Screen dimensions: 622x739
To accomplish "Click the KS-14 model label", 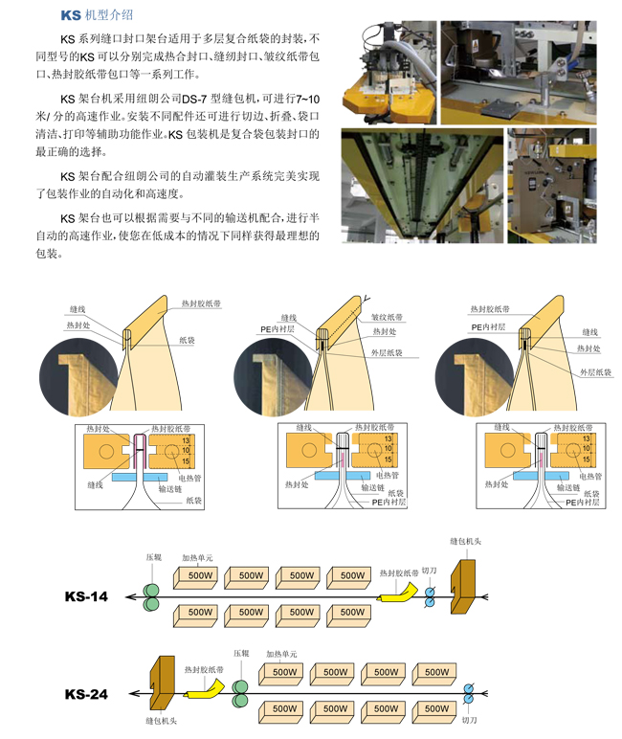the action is (86, 596).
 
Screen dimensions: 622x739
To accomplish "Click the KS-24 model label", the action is (86, 694).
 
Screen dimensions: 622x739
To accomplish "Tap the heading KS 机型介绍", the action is (97, 15).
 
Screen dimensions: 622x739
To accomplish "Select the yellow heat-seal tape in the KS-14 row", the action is (397, 593).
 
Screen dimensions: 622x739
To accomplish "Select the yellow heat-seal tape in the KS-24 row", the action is (204, 689).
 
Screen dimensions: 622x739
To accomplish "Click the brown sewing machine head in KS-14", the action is (463, 586).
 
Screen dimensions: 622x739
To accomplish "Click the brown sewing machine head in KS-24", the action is (162, 683).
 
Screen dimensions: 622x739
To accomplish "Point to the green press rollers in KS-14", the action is (151, 597).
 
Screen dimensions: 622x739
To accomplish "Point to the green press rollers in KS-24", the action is (240, 694).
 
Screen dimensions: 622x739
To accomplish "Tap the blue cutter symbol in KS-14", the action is (430, 597).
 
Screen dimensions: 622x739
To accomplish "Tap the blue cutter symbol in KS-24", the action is (468, 694).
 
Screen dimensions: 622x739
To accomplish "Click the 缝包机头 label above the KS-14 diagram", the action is (466, 542).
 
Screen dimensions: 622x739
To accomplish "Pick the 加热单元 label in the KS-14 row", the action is (197, 558).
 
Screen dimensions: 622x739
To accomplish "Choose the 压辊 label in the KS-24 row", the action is (241, 653).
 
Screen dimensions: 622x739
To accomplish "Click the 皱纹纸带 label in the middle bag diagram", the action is (387, 317).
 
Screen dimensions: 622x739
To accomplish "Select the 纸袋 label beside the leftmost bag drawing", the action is (187, 340).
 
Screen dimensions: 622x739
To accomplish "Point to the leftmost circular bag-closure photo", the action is (78, 377).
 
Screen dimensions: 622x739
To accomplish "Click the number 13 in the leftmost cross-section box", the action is (186, 440).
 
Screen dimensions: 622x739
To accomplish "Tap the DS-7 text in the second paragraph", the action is (194, 99).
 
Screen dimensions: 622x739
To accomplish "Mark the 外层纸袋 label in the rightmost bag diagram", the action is (595, 372).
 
